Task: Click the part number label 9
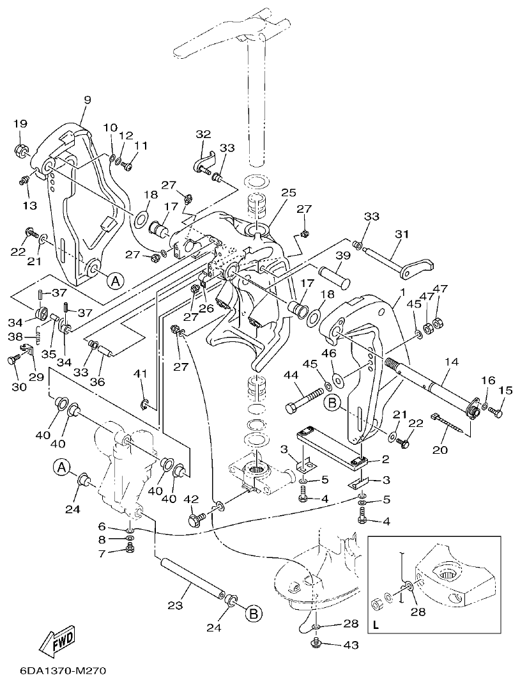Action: coord(88,99)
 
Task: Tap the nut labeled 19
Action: coord(20,151)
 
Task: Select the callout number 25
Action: coord(289,192)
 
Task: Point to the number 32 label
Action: coord(203,134)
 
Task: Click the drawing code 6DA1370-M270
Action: coord(54,671)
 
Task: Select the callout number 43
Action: coord(351,646)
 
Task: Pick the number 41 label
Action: coord(140,373)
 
